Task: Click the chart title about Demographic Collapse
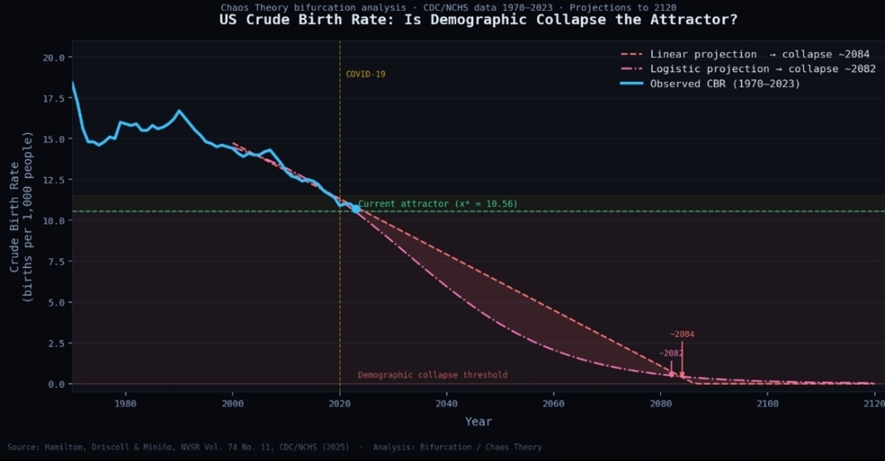coord(478,20)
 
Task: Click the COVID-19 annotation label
coord(366,74)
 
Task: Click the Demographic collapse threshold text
coord(433,375)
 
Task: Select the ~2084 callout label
coord(682,334)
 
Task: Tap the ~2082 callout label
coord(671,353)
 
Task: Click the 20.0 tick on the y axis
coord(53,58)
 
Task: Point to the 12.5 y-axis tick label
coord(53,180)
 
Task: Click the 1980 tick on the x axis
coord(126,404)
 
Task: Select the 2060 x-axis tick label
coord(553,404)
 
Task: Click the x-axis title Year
coord(478,422)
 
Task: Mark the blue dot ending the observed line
coord(356,209)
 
